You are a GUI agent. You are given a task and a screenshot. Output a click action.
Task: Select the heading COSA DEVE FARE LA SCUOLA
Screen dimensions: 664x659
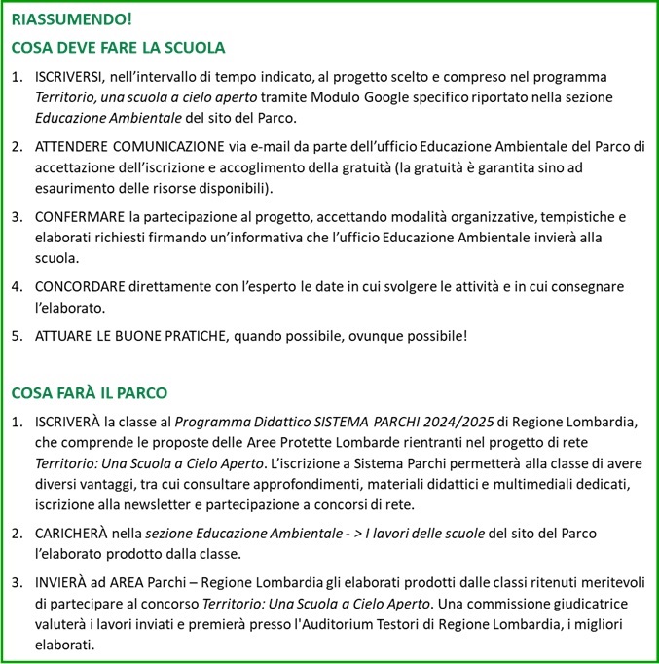coord(118,47)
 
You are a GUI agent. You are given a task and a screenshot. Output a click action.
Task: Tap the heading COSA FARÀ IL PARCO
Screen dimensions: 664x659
coord(90,393)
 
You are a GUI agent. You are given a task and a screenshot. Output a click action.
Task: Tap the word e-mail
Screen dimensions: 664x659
coord(267,147)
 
